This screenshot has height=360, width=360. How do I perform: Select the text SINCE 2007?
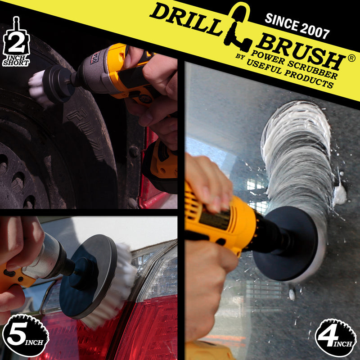[297, 25]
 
